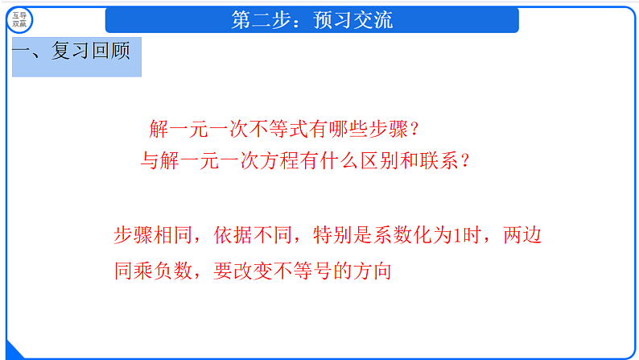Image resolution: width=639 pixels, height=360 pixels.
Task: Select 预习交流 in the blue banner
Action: click(x=353, y=19)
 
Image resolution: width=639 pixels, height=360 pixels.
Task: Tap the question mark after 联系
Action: click(x=464, y=161)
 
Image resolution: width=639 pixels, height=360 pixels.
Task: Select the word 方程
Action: click(x=294, y=161)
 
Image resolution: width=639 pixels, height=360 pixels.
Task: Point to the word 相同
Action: click(x=175, y=236)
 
